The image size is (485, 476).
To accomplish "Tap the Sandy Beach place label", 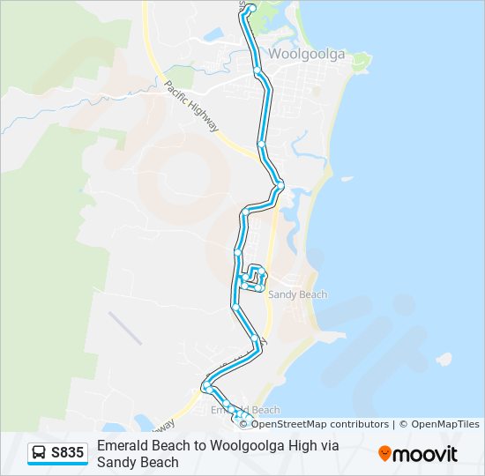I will point(297,294).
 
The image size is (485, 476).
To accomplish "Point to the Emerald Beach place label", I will point(246,410).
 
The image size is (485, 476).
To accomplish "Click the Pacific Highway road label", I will point(191,107).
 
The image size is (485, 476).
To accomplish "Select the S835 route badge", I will point(58,454).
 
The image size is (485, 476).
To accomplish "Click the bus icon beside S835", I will point(40,454).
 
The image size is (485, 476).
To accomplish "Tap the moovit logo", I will point(418,454).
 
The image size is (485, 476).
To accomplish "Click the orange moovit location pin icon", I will point(384,454).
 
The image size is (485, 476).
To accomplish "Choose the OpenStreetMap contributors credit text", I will point(320,424).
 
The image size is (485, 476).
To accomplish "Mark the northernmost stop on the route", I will point(251,8).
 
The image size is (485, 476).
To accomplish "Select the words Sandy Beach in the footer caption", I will point(138,462).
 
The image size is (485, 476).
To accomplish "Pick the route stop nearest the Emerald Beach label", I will point(227,405).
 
